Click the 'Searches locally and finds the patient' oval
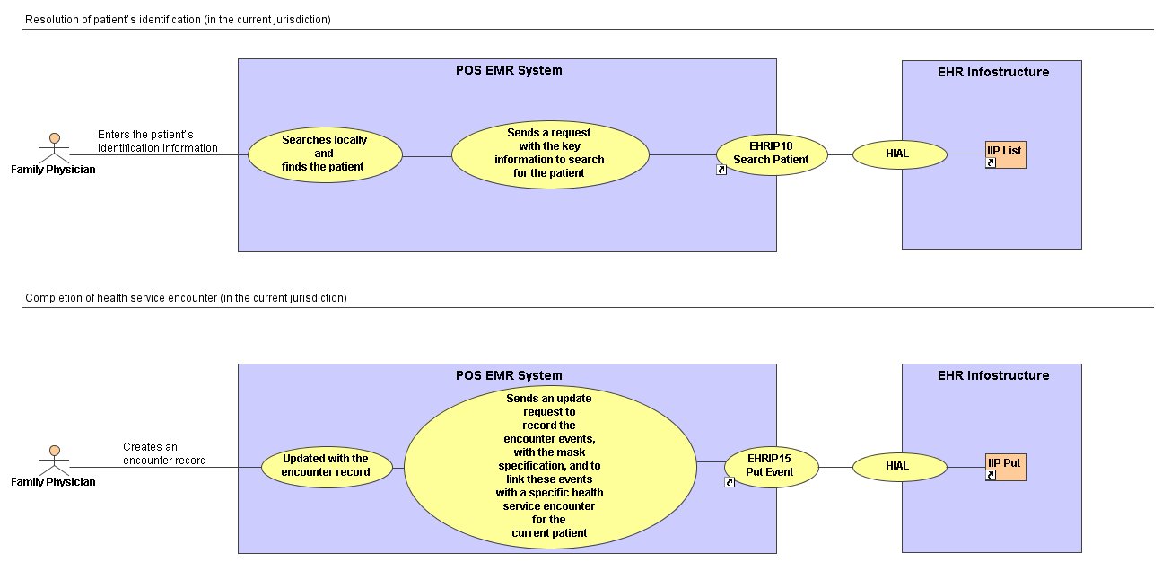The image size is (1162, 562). [325, 154]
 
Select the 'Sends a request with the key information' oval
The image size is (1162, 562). [550, 154]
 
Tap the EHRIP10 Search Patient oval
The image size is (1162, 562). [772, 154]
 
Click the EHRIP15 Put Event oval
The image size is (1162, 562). [772, 467]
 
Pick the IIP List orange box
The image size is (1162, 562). [1006, 154]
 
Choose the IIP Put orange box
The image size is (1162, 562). [1006, 467]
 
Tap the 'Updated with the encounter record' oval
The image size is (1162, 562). [327, 467]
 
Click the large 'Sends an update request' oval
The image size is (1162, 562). [550, 467]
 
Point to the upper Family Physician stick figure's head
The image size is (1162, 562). [55, 138]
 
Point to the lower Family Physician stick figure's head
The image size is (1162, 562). [55, 451]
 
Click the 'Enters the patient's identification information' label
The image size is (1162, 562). [158, 141]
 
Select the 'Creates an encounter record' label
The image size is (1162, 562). [164, 453]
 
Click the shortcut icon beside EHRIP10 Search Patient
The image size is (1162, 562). [721, 170]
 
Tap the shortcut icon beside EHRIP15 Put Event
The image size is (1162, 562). [730, 482]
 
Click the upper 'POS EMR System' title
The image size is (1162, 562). [509, 70]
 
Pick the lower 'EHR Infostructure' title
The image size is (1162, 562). [993, 375]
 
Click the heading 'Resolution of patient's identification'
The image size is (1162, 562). [178, 19]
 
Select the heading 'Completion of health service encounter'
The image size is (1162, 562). [187, 298]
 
